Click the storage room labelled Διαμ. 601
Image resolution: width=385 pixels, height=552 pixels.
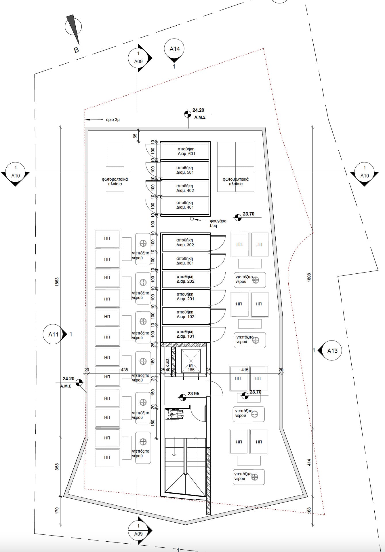185,151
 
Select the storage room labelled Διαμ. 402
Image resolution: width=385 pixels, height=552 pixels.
185,188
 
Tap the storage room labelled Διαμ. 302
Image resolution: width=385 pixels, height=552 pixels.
185,243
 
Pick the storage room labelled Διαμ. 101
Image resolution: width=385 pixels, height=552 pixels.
185,334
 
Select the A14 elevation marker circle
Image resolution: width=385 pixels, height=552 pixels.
174,49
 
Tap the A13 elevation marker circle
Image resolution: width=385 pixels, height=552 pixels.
332,351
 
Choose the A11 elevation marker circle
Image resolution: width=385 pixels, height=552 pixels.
53,334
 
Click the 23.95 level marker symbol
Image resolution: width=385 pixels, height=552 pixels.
182,397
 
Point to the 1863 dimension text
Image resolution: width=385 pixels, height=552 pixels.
57,282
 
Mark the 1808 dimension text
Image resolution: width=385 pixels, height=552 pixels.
309,277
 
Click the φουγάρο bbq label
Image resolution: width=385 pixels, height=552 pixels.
218,223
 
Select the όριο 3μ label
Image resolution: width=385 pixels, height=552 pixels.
113,120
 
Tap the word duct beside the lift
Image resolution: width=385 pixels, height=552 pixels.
167,362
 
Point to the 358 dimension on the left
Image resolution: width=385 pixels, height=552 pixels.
57,467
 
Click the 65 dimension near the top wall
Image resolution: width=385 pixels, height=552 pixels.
135,136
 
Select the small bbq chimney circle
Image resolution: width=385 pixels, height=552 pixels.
192,219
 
